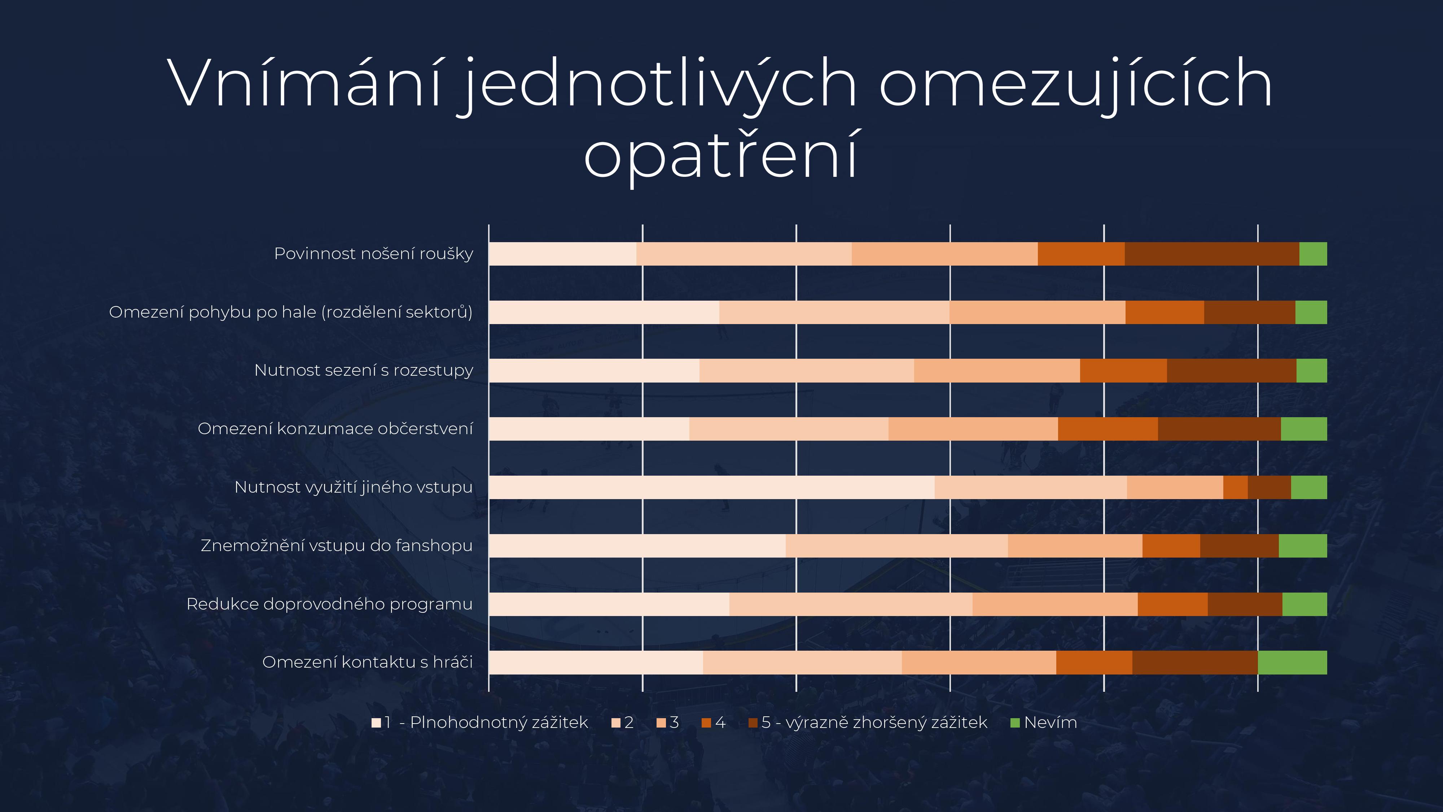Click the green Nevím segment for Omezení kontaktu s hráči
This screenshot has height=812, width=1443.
[1292, 662]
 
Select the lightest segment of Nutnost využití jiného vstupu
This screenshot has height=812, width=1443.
[711, 487]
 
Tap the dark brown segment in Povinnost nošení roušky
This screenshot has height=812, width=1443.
[1212, 254]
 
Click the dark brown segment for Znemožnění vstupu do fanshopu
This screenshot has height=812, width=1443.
[1239, 546]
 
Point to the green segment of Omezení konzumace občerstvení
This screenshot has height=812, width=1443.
[1303, 429]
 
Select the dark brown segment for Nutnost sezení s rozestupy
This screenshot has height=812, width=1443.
[1231, 370]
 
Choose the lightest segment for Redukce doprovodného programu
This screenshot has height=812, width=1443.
[609, 604]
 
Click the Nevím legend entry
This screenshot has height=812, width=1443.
[1044, 722]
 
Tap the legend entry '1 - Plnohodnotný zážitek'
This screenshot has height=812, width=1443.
[480, 722]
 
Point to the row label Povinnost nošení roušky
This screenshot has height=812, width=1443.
[374, 254]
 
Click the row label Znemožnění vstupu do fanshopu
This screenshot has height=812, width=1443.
[337, 546]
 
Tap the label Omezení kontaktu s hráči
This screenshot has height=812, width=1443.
[368, 662]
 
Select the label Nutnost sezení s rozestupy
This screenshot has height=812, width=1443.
[364, 370]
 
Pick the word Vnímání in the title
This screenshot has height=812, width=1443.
[305, 84]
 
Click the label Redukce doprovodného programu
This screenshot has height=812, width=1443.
[329, 604]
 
